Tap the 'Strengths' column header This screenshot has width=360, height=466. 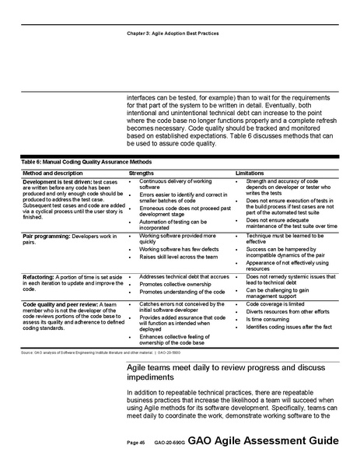142,172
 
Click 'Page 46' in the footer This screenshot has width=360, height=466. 137,442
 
